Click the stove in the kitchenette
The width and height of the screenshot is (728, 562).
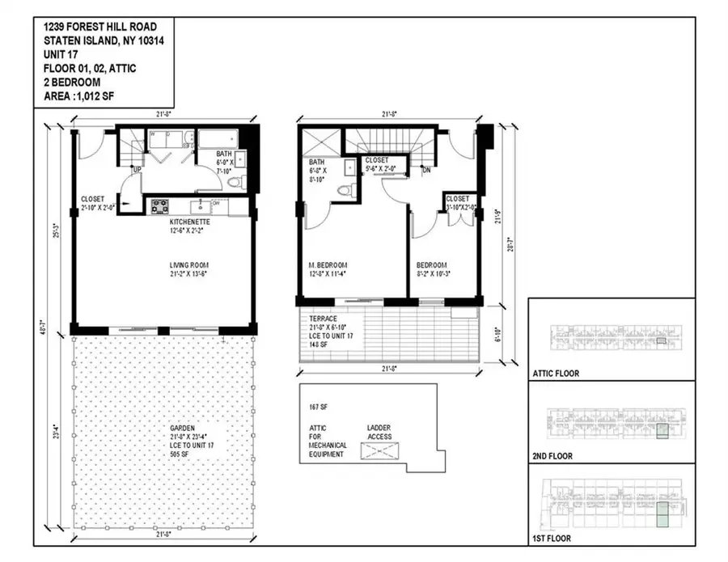pos(159,205)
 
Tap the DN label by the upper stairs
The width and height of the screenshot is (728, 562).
pos(425,169)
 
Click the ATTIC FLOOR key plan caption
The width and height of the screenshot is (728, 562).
pos(557,374)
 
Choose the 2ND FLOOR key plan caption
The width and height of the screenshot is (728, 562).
pos(554,456)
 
